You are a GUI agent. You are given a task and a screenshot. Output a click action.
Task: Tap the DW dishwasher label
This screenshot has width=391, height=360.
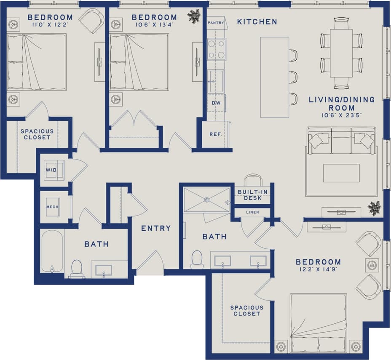click(216, 103)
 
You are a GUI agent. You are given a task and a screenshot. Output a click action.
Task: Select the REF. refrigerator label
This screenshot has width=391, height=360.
click(216, 134)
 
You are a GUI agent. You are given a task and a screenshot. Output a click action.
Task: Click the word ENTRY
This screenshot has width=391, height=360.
click(155, 228)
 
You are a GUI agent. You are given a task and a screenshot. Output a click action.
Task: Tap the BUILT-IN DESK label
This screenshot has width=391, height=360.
click(252, 195)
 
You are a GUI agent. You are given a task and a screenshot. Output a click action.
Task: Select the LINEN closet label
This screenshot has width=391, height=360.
click(252, 212)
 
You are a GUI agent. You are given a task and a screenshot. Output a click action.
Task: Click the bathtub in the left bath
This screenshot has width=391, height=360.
click(52, 252)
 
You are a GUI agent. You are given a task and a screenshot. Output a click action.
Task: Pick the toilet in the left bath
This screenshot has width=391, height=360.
click(77, 268)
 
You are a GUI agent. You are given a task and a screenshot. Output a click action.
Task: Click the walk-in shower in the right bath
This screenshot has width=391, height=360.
click(207, 200)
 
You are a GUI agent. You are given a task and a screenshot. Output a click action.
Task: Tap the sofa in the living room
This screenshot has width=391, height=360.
click(341, 141)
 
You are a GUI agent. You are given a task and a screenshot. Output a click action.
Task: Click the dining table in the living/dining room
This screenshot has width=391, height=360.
click(341, 53)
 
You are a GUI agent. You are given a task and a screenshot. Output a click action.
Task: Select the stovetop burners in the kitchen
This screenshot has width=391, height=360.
click(216, 49)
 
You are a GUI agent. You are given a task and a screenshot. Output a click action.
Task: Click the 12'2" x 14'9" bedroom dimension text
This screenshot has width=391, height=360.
click(318, 270)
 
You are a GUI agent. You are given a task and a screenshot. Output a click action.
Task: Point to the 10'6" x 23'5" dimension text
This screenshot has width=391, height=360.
click(342, 115)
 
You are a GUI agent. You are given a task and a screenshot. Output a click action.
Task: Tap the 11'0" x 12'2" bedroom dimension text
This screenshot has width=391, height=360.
click(50, 25)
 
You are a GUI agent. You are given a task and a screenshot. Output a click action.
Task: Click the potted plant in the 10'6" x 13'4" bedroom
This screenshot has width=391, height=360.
click(194, 16)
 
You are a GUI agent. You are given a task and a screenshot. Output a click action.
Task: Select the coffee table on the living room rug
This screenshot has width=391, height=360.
click(341, 173)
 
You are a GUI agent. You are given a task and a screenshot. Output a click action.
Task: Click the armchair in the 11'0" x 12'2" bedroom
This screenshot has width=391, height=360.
click(92, 20)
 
